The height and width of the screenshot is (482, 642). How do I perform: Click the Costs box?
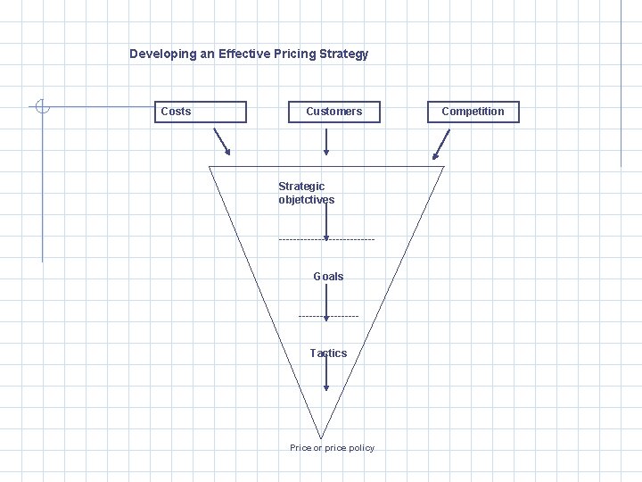click(x=202, y=112)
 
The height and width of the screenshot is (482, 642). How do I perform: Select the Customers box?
click(x=333, y=112)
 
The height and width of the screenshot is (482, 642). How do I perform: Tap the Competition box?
click(x=473, y=112)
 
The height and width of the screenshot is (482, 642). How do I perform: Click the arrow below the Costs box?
click(x=222, y=142)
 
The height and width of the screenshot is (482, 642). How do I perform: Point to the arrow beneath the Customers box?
click(x=326, y=141)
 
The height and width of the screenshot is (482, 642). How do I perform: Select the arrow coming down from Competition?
click(x=440, y=145)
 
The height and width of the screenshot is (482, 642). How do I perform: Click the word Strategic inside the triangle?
click(x=301, y=187)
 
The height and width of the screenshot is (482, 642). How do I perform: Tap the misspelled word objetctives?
click(x=306, y=200)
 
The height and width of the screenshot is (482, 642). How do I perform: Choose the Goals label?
click(x=328, y=277)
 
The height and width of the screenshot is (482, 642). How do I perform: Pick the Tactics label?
click(x=328, y=353)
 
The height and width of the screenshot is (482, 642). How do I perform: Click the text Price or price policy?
click(x=332, y=448)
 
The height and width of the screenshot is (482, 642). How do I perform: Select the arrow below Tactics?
click(x=326, y=375)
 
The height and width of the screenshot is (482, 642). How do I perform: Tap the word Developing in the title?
click(x=162, y=54)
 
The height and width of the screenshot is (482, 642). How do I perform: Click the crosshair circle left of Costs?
click(x=43, y=107)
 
